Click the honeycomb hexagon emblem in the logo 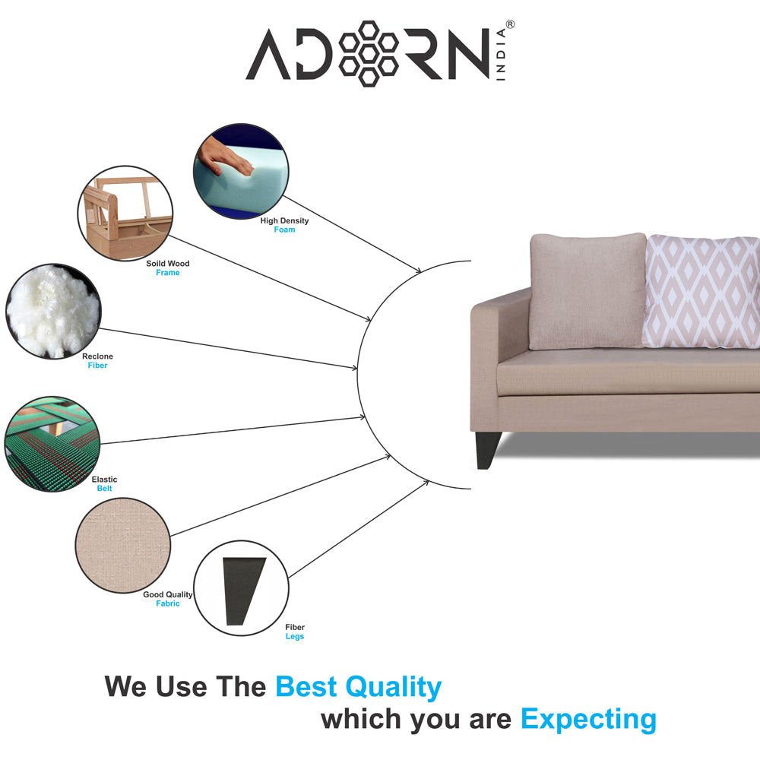[369, 54]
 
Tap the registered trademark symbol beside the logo [510, 24]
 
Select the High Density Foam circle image [241, 170]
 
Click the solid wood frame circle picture [125, 214]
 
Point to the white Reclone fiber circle [53, 311]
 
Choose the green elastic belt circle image [52, 444]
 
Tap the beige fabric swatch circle [123, 545]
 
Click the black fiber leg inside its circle [243, 591]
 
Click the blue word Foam [284, 230]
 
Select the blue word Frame [168, 273]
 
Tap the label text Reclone [97, 356]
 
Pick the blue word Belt [104, 489]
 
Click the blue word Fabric [168, 603]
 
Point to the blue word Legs [295, 636]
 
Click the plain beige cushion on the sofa [588, 291]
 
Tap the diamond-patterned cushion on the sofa [701, 291]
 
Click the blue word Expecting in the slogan [588, 720]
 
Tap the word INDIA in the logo [501, 54]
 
